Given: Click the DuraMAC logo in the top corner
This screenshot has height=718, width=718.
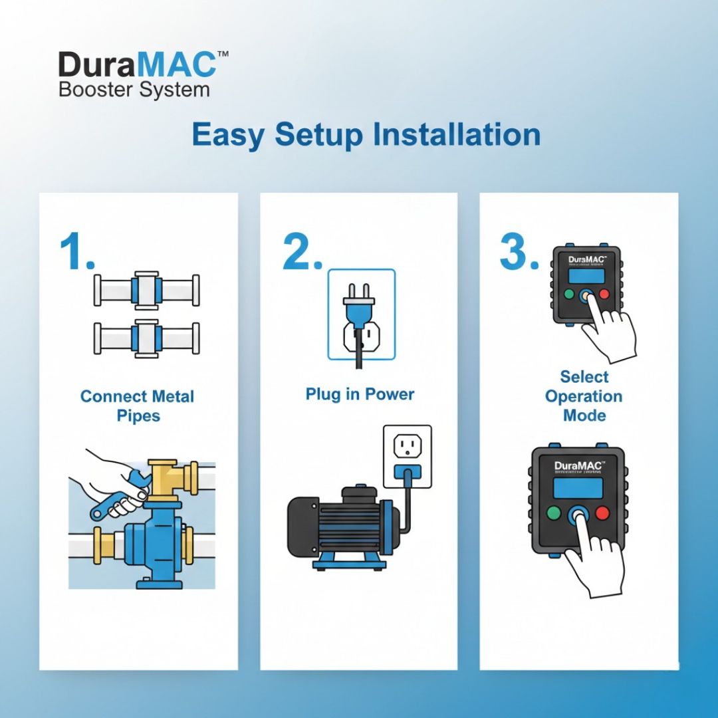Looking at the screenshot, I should coord(137,65).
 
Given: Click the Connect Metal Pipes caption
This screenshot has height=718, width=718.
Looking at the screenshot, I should coord(137,406).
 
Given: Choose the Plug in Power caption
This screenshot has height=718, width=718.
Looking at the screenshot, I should coord(360,394).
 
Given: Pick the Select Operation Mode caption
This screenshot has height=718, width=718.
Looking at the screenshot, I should coord(584,396).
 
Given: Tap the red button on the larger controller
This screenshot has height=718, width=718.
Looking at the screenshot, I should coord(602,513).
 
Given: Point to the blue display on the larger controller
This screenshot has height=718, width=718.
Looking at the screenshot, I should coord(578,487).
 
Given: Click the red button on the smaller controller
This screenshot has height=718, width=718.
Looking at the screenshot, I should coord(604,294).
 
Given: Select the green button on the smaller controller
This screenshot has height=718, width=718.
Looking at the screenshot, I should coord(568,294).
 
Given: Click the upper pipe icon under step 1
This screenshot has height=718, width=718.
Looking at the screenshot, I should coord(146,291).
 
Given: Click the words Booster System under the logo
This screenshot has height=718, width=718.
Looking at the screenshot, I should coord(134,89).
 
